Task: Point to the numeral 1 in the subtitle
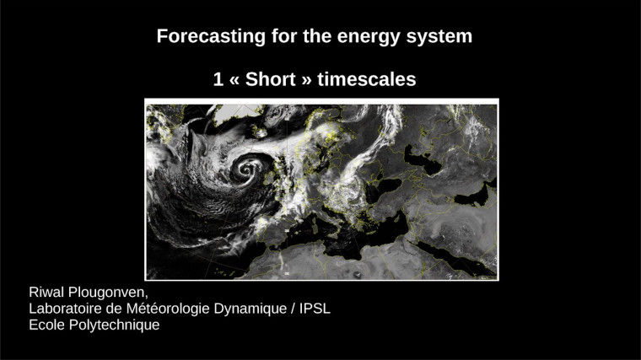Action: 218,79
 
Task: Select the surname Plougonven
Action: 111,293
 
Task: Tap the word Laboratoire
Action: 66,309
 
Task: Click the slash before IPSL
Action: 293,309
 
